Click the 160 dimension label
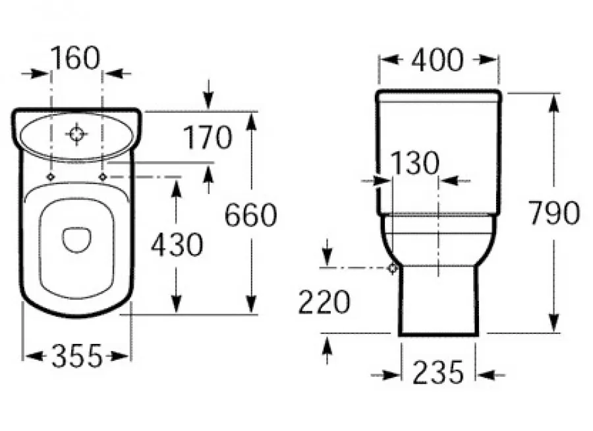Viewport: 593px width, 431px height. tap(75, 58)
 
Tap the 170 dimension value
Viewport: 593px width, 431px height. tap(208, 137)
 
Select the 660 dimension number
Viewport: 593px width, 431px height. tap(251, 215)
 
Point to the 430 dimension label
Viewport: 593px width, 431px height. tap(177, 245)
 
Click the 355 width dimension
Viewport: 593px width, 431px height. tap(77, 356)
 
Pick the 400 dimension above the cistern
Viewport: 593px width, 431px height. tap(438, 60)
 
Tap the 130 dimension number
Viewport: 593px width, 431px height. tap(414, 163)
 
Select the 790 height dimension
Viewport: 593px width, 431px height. tap(553, 213)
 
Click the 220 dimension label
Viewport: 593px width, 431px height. tap(324, 302)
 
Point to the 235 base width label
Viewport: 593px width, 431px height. tap(438, 372)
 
